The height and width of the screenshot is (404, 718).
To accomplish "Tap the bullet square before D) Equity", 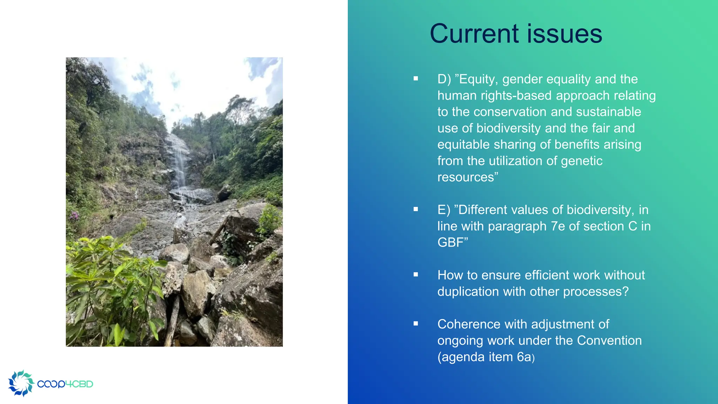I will point(416,79).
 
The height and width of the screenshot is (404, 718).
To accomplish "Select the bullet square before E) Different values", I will point(416,209).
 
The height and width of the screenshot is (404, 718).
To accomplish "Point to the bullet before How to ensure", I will point(416,275).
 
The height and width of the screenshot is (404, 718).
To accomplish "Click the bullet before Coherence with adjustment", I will point(416,324).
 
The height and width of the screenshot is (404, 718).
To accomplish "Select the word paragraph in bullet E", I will point(517,227).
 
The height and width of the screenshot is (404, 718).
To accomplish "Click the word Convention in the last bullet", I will point(609,341).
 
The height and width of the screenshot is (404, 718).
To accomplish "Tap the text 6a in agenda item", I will point(524,357).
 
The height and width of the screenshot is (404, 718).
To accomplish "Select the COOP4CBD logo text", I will point(65,384).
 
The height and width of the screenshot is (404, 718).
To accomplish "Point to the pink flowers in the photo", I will point(75,216).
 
